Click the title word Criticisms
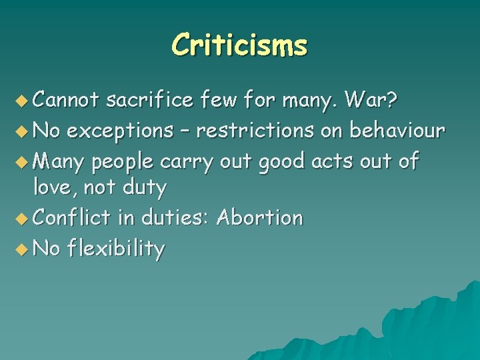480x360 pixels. (239, 45)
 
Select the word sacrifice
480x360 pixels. (150, 100)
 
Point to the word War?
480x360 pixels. (372, 100)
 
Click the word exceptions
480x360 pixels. (119, 131)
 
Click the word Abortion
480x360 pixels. (260, 217)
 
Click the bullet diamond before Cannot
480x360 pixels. (24, 101)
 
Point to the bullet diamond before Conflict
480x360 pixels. (24, 219)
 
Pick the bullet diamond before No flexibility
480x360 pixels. (24, 249)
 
